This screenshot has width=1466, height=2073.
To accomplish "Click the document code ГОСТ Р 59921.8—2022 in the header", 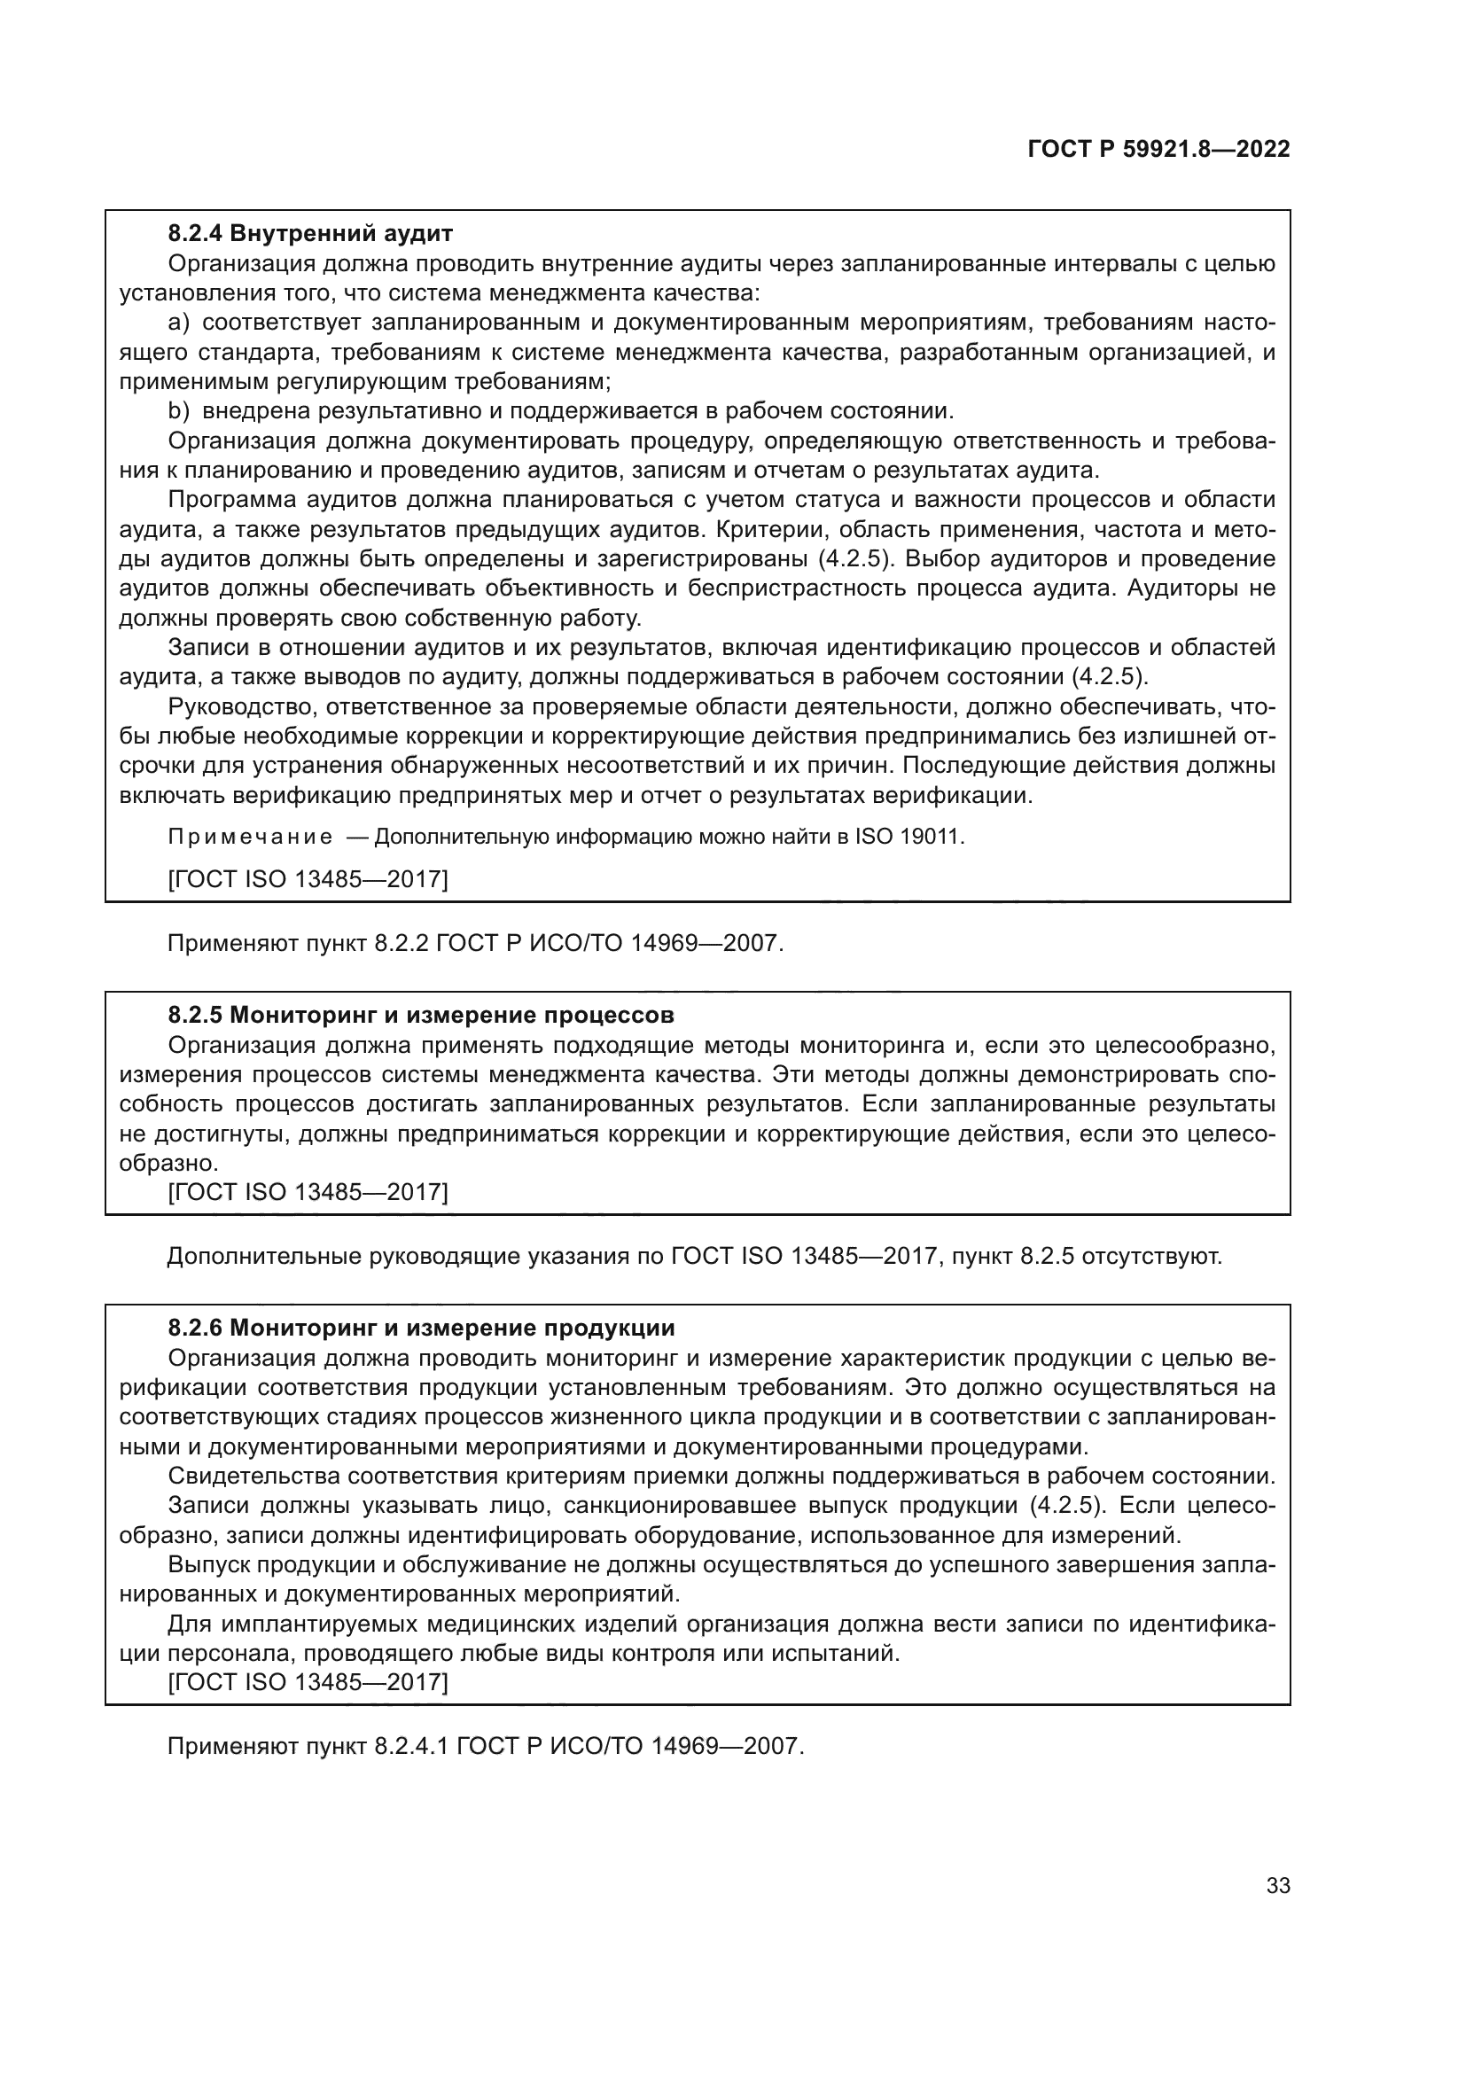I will pyautogui.click(x=1158, y=149).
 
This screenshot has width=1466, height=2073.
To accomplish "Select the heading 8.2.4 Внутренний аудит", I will pyautogui.click(x=309, y=234).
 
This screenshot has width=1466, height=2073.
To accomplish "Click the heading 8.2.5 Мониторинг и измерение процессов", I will pyautogui.click(x=421, y=1015).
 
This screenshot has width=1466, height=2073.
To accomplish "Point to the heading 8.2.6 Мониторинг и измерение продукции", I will pyautogui.click(x=421, y=1329).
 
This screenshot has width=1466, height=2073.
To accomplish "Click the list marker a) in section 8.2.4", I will pyautogui.click(x=179, y=323).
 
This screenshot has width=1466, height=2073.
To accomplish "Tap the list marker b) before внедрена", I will pyautogui.click(x=179, y=411).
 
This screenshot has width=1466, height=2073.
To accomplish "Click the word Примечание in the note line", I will pyautogui.click(x=250, y=837).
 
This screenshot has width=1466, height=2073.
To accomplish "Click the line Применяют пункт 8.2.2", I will pyautogui.click(x=475, y=944).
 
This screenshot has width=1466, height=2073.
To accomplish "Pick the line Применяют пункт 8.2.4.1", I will pyautogui.click(x=485, y=1746).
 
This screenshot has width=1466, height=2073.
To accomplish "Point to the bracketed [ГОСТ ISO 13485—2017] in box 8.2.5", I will pyautogui.click(x=308, y=1192).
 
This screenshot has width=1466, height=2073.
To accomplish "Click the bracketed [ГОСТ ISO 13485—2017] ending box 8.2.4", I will pyautogui.click(x=308, y=878).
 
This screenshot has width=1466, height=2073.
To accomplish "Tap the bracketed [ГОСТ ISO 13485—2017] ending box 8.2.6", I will pyautogui.click(x=308, y=1681).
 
